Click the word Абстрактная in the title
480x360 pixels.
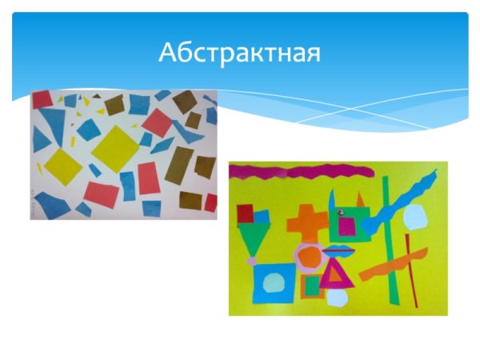(x=239, y=53)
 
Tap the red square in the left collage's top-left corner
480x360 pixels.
(x=42, y=98)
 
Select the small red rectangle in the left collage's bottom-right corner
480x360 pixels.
(x=210, y=202)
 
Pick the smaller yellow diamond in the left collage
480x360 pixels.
(x=62, y=165)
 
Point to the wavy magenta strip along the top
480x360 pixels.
(x=300, y=170)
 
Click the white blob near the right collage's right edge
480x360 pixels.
(x=415, y=217)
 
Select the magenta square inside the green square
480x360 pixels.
(x=346, y=226)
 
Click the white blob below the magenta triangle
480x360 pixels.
(x=337, y=300)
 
